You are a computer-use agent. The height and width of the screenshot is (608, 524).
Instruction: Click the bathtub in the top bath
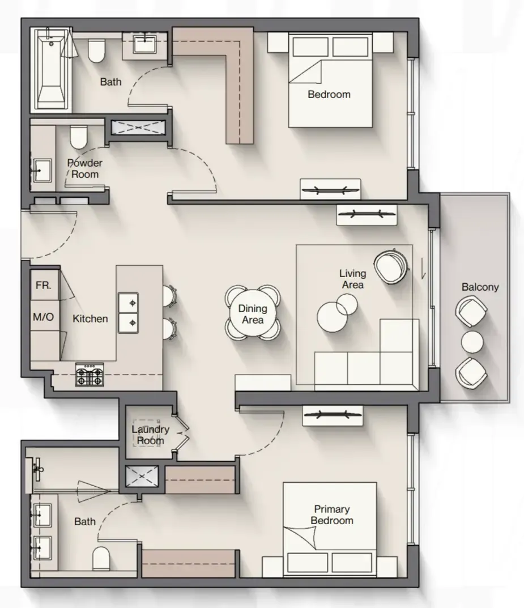pyautogui.click(x=51, y=69)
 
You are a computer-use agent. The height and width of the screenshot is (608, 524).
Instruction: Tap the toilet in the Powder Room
pyautogui.click(x=78, y=137)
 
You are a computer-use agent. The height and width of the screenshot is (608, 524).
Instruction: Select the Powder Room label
pyautogui.click(x=85, y=168)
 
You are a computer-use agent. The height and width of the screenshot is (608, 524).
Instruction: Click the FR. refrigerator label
pyautogui.click(x=44, y=286)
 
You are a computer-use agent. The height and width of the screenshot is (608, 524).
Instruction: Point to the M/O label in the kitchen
pyautogui.click(x=44, y=317)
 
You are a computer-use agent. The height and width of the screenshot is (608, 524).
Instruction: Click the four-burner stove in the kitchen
pyautogui.click(x=90, y=375)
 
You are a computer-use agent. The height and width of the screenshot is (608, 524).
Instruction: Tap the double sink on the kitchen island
pyautogui.click(x=128, y=313)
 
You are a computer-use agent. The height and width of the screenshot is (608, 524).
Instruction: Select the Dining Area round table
pyautogui.click(x=253, y=314)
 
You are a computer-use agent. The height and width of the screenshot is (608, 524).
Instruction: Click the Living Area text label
pyautogui.click(x=353, y=279)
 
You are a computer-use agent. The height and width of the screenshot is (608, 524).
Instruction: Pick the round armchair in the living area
pyautogui.click(x=391, y=266)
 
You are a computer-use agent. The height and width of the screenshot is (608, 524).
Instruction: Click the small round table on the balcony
pyautogui.click(x=472, y=342)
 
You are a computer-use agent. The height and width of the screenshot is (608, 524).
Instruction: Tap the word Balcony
pyautogui.click(x=480, y=287)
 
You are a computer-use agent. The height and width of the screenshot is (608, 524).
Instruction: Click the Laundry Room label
pyautogui.click(x=150, y=435)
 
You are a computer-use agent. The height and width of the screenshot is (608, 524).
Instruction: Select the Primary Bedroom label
pyautogui.click(x=332, y=515)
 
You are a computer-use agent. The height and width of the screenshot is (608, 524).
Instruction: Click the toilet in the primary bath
pyautogui.click(x=101, y=558)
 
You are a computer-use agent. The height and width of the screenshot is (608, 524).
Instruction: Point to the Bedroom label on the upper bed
pyautogui.click(x=329, y=94)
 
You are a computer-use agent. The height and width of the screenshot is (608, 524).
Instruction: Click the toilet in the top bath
pyautogui.click(x=96, y=50)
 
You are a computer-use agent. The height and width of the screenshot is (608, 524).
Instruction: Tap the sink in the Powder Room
pyautogui.click(x=42, y=170)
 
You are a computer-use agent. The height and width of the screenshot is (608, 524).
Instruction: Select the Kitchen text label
pyautogui.click(x=90, y=319)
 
